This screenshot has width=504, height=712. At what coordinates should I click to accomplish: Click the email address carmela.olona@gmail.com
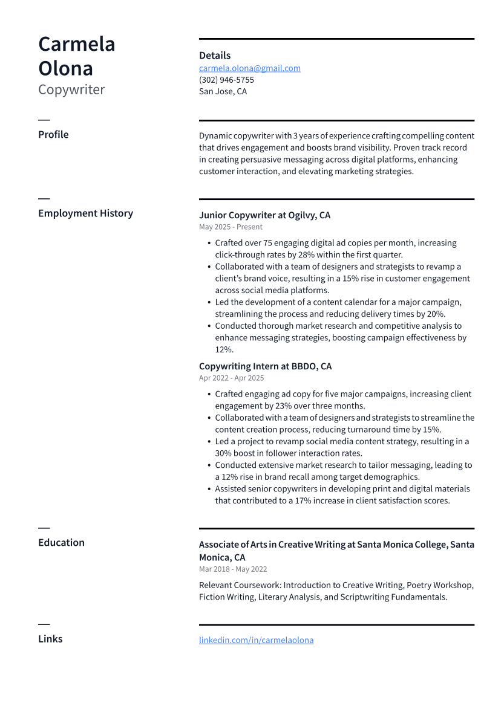pyautogui.click(x=249, y=68)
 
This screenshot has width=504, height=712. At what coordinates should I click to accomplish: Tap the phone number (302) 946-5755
pyautogui.click(x=226, y=80)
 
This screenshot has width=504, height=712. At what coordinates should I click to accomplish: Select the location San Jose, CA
pyautogui.click(x=223, y=92)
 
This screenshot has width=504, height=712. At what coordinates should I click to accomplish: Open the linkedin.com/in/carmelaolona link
pyautogui.click(x=256, y=640)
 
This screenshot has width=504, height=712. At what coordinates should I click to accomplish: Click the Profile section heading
pyautogui.click(x=53, y=135)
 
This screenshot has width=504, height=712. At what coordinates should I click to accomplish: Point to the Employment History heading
pyautogui.click(x=85, y=213)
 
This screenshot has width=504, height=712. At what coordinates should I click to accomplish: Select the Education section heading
pyautogui.click(x=61, y=543)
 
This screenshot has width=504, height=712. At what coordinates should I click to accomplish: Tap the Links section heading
pyautogui.click(x=50, y=639)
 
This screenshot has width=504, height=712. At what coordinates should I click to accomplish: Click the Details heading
pyautogui.click(x=215, y=56)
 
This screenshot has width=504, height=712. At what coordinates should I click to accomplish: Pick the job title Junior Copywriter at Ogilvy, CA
pyautogui.click(x=264, y=215)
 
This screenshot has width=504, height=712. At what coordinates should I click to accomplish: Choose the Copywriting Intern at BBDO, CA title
pyautogui.click(x=265, y=366)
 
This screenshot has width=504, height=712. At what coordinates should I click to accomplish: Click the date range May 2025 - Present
pyautogui.click(x=231, y=227)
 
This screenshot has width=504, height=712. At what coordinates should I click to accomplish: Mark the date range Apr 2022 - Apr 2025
pyautogui.click(x=231, y=378)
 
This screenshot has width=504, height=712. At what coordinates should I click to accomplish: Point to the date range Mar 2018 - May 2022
pyautogui.click(x=233, y=569)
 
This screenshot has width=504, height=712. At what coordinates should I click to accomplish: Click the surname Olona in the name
pyautogui.click(x=65, y=68)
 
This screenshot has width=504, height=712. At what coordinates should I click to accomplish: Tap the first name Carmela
pyautogui.click(x=76, y=44)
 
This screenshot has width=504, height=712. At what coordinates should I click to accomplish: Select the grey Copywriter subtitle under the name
pyautogui.click(x=71, y=90)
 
